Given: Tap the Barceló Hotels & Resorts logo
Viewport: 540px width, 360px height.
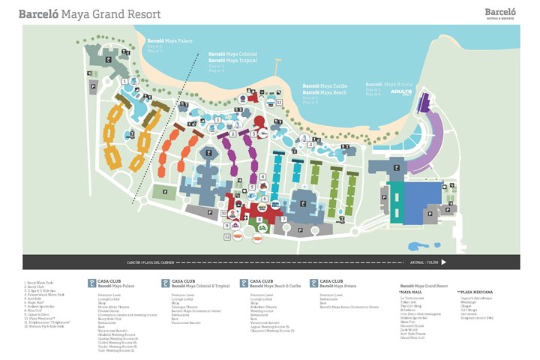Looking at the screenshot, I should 500,13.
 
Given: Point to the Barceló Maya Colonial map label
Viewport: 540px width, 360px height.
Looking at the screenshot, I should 232,54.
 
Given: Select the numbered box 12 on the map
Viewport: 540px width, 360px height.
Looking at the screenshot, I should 226,237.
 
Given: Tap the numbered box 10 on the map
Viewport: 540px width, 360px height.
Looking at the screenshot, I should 224,213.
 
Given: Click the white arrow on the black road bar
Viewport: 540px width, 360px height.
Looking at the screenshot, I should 444,262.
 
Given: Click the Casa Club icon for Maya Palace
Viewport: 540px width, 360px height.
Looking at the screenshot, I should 91,283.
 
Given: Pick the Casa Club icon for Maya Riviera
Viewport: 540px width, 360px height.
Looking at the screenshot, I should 313,283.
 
